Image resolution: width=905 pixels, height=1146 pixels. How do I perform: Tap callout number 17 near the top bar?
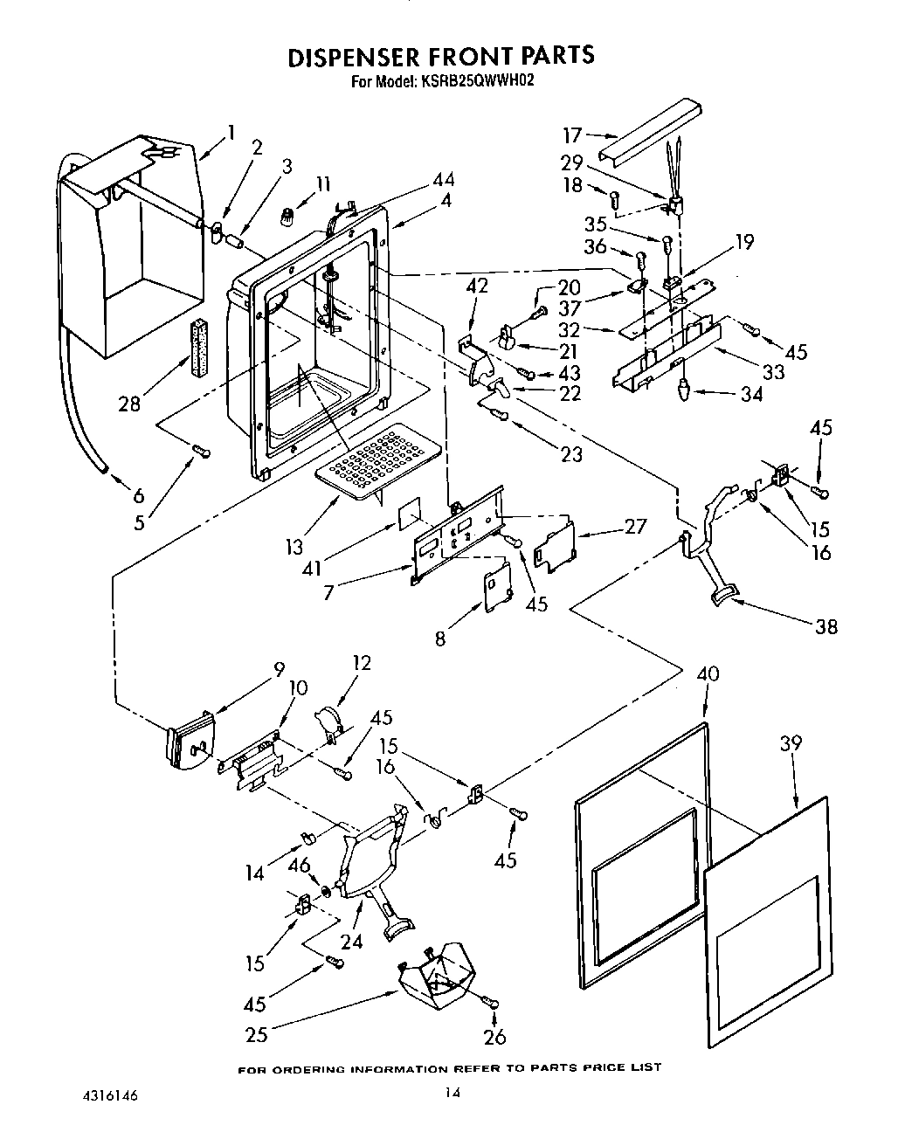point(572,135)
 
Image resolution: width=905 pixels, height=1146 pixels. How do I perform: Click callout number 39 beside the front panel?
point(791,743)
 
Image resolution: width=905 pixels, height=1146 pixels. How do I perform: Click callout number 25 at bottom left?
point(256,1035)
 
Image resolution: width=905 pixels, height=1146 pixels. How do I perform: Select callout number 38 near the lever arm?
point(825,625)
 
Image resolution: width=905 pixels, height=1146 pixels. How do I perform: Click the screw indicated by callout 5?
point(201,451)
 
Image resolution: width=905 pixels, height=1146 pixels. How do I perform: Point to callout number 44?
point(444,180)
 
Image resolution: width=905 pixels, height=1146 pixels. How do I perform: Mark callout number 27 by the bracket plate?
point(635,526)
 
